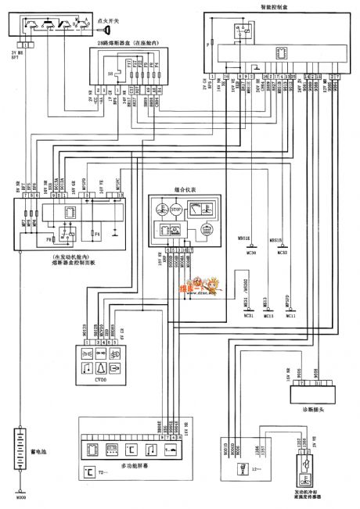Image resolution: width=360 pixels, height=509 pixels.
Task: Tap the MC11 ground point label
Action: click(291, 315)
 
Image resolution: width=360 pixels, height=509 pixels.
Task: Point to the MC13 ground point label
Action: click(268, 315)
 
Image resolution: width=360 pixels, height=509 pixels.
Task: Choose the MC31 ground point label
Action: click(249, 315)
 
